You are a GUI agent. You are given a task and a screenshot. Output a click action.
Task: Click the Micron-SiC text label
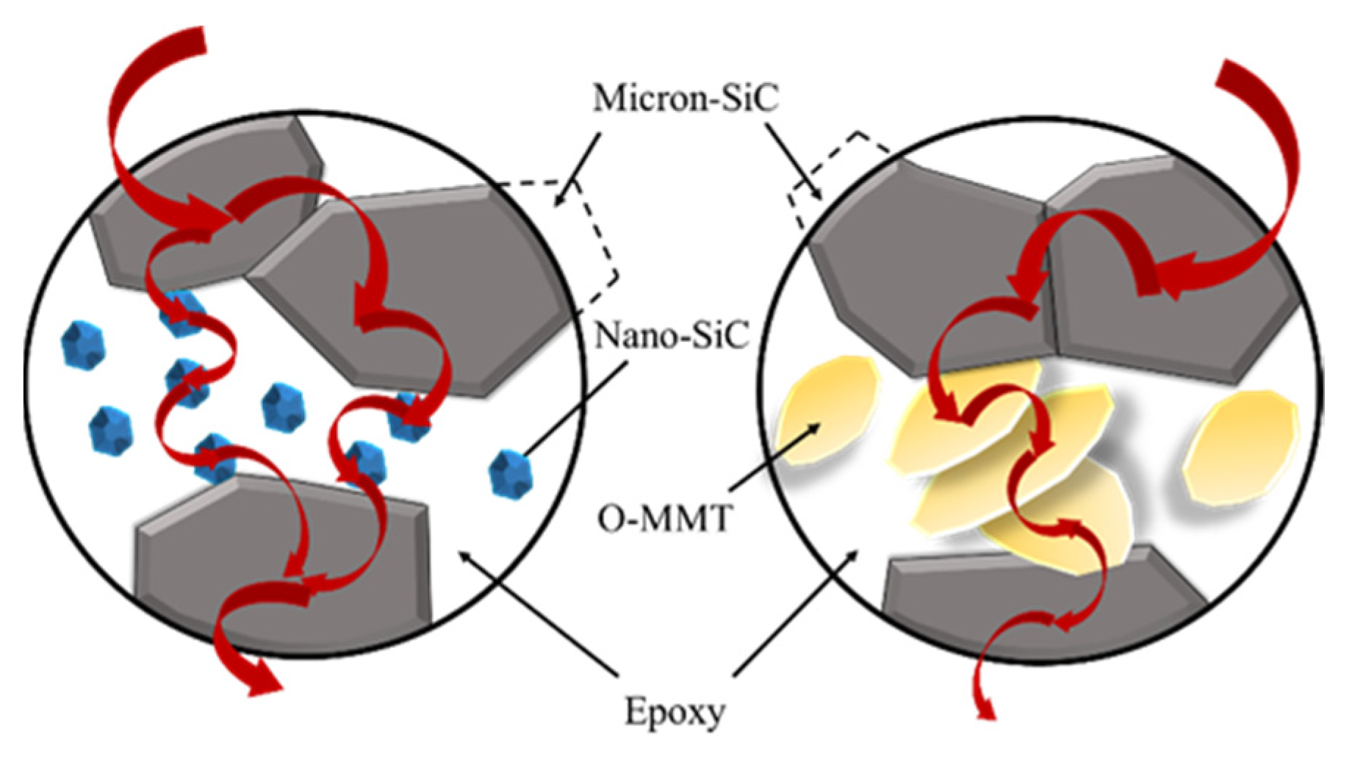685,98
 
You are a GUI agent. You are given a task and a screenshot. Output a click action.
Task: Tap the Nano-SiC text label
671,337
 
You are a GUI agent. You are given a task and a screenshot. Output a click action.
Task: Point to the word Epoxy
675,711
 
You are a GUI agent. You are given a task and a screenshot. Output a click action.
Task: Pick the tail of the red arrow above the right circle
1242,81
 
